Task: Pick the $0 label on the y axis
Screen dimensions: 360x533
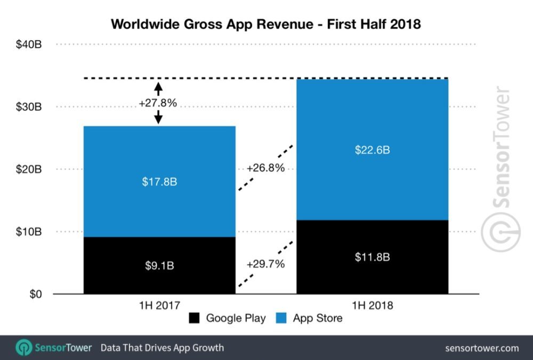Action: pyautogui.click(x=34, y=294)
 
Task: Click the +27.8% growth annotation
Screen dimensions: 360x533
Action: pyautogui.click(x=157, y=103)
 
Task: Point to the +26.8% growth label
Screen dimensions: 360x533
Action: pyautogui.click(x=265, y=168)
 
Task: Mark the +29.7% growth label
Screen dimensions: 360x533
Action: pyautogui.click(x=265, y=264)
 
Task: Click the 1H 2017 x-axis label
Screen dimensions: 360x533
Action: pyautogui.click(x=159, y=306)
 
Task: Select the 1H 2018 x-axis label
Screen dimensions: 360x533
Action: pyautogui.click(x=372, y=306)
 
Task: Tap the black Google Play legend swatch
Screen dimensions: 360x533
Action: pyautogui.click(x=193, y=318)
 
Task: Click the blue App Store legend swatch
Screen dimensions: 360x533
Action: pyautogui.click(x=281, y=318)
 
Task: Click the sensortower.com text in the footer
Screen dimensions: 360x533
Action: pyautogui.click(x=482, y=348)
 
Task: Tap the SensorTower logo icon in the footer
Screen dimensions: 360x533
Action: pyautogui.click(x=23, y=348)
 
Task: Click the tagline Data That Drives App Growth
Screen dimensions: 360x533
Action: pyautogui.click(x=163, y=348)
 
